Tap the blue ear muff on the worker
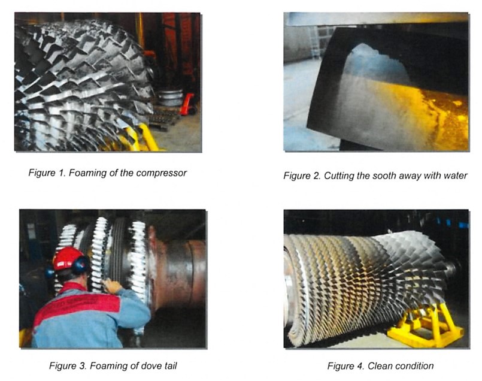[80, 265]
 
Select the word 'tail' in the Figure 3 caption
[170, 366]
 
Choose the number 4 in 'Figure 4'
[361, 366]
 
